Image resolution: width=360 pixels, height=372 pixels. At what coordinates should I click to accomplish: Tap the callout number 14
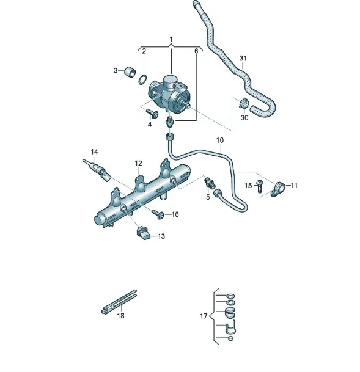(94, 151)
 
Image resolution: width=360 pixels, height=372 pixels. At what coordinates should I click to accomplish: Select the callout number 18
(120, 316)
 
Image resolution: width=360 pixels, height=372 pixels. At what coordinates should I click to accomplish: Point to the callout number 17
(204, 316)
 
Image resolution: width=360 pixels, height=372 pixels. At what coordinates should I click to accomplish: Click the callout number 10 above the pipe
(220, 140)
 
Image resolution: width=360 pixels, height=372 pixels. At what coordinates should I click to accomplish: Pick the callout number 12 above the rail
(138, 163)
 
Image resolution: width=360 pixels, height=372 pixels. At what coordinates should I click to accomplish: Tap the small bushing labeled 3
(130, 72)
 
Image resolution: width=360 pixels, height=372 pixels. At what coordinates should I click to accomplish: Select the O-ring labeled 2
(142, 79)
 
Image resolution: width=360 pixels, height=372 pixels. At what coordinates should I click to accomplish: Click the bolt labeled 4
(152, 112)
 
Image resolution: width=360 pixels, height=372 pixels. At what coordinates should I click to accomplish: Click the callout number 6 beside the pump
(196, 51)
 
